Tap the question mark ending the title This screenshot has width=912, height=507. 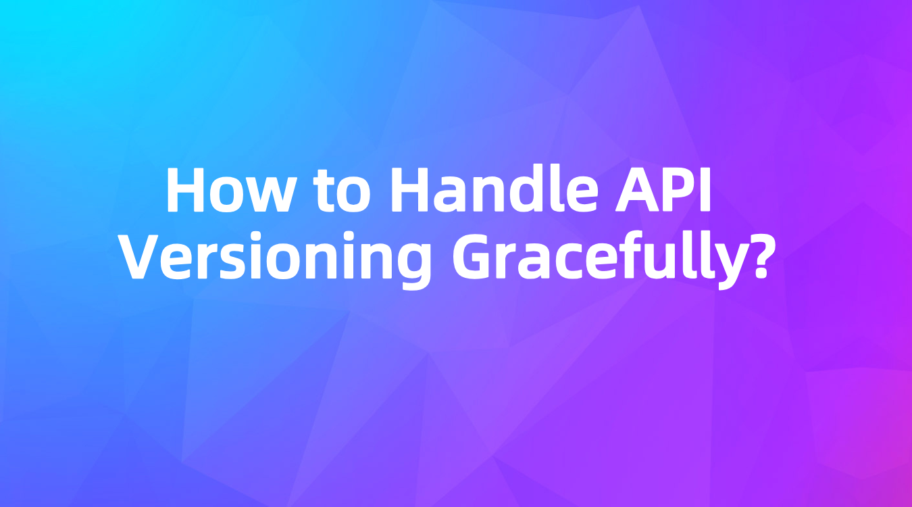point(756,257)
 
